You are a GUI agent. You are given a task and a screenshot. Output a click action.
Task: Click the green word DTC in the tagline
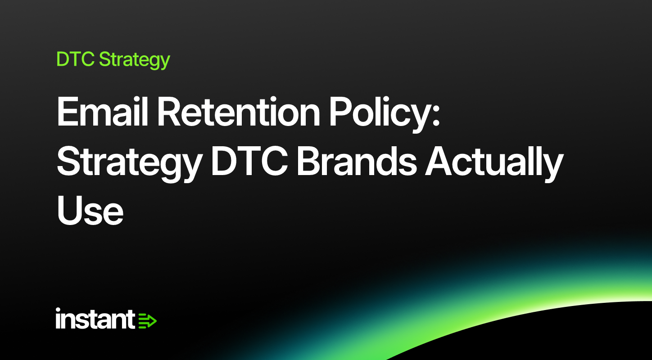[x=75, y=59]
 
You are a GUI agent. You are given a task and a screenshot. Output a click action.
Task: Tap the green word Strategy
[x=135, y=60]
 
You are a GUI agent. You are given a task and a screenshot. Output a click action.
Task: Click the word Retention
[x=239, y=112]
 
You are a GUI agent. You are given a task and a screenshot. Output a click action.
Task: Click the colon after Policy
[x=435, y=115]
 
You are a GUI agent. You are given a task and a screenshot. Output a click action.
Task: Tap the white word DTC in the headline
[x=249, y=161]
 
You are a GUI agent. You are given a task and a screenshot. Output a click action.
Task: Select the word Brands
[x=357, y=161]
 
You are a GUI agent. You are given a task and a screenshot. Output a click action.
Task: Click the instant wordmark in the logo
[x=95, y=319]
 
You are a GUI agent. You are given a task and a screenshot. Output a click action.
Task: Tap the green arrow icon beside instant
[x=147, y=321]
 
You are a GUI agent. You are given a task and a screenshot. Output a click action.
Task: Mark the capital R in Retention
[x=169, y=112]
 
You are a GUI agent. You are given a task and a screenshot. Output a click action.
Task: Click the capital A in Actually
[x=439, y=161]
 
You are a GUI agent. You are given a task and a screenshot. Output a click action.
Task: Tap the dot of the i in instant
[x=58, y=310]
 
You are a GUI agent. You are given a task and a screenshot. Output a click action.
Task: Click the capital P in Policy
[x=341, y=112]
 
